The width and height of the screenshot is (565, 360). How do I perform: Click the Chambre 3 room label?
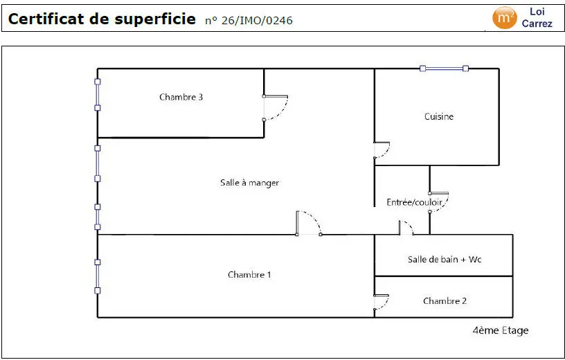pos(181,97)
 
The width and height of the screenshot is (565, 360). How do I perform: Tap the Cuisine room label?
pos(438,116)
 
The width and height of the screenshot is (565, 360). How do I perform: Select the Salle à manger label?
pos(249,183)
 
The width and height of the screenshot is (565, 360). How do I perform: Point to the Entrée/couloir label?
pos(414,202)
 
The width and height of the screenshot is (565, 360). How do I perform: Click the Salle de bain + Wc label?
pos(445,259)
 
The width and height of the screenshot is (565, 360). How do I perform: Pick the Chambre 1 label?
pos(249,275)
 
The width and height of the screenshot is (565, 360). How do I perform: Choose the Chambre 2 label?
pos(445,301)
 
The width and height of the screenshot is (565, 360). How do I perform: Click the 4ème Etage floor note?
pos(501,330)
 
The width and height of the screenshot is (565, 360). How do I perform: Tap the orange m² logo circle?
pos(505,18)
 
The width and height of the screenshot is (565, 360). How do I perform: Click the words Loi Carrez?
pos(537,18)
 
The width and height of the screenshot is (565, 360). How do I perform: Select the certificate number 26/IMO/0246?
pos(257,21)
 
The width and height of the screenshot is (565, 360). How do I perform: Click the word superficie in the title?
pos(155,19)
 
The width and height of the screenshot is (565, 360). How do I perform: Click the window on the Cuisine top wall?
pos(445,69)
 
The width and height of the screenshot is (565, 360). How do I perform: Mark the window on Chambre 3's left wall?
pos(98,95)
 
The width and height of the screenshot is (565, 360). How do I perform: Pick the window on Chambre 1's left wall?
pos(98,276)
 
